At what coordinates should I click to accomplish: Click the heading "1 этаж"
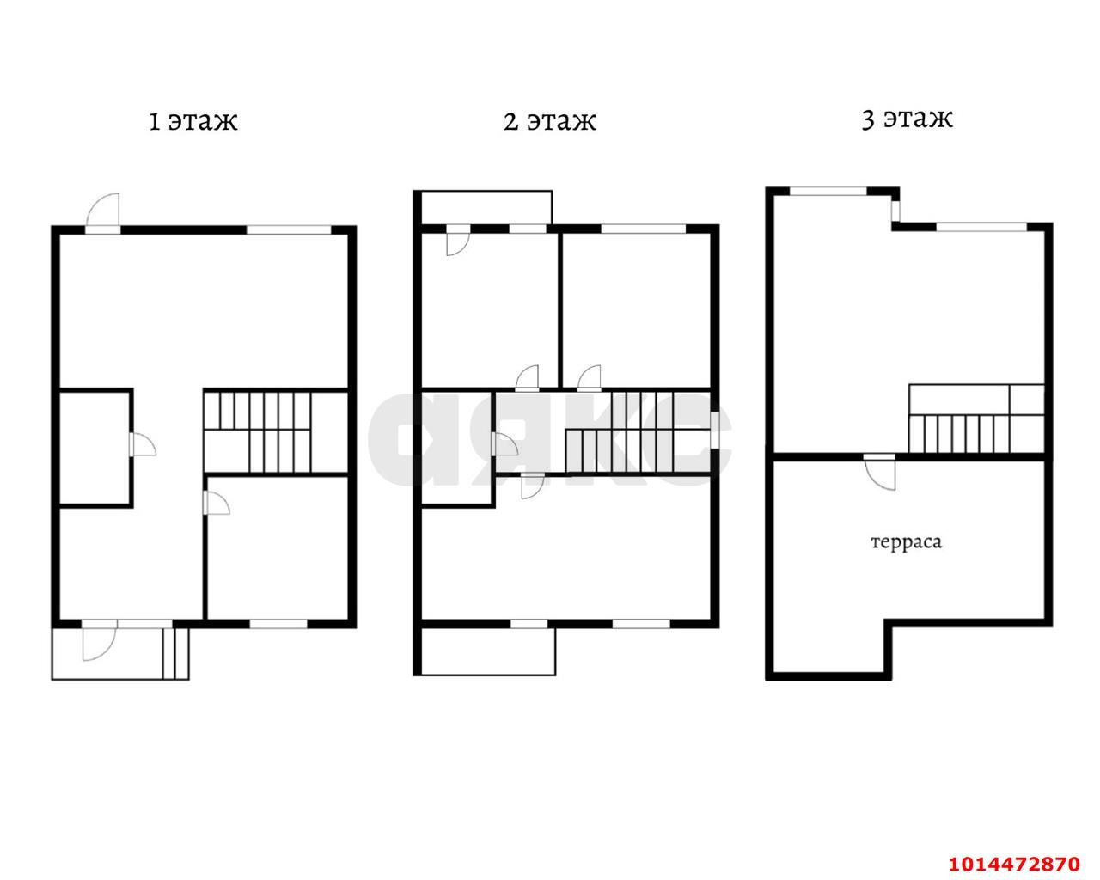193,122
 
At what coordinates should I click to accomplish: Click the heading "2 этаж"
549,122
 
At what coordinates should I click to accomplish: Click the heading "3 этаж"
907,119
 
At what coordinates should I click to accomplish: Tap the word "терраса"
906,542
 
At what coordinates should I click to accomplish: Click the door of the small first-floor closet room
143,443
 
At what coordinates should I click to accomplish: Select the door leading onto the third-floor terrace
880,473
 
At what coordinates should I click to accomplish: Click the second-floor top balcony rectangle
486,208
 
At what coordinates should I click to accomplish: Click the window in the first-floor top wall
289,229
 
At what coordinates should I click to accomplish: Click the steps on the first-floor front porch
176,653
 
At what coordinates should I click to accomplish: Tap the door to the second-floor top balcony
457,241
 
